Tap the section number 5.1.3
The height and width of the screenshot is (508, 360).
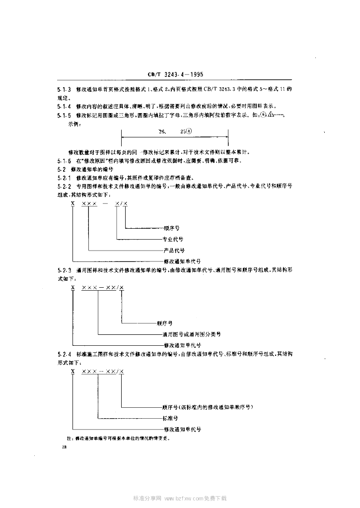pos(65,90)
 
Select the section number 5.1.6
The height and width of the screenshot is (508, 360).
pos(65,161)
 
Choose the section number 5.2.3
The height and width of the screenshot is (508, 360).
pos(65,270)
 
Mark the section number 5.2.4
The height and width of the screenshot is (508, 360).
pos(65,355)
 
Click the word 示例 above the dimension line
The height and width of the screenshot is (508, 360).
pos(74,125)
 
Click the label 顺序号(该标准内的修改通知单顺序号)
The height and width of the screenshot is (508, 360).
pos(208,407)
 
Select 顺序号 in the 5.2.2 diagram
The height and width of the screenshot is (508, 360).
pos(171,228)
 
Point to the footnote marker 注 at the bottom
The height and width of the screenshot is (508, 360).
pos(70,439)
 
